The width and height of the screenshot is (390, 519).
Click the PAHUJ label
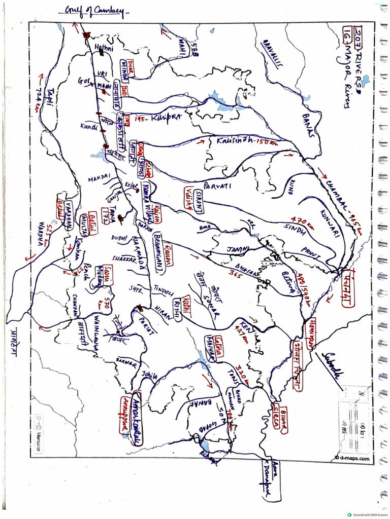(311, 252)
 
